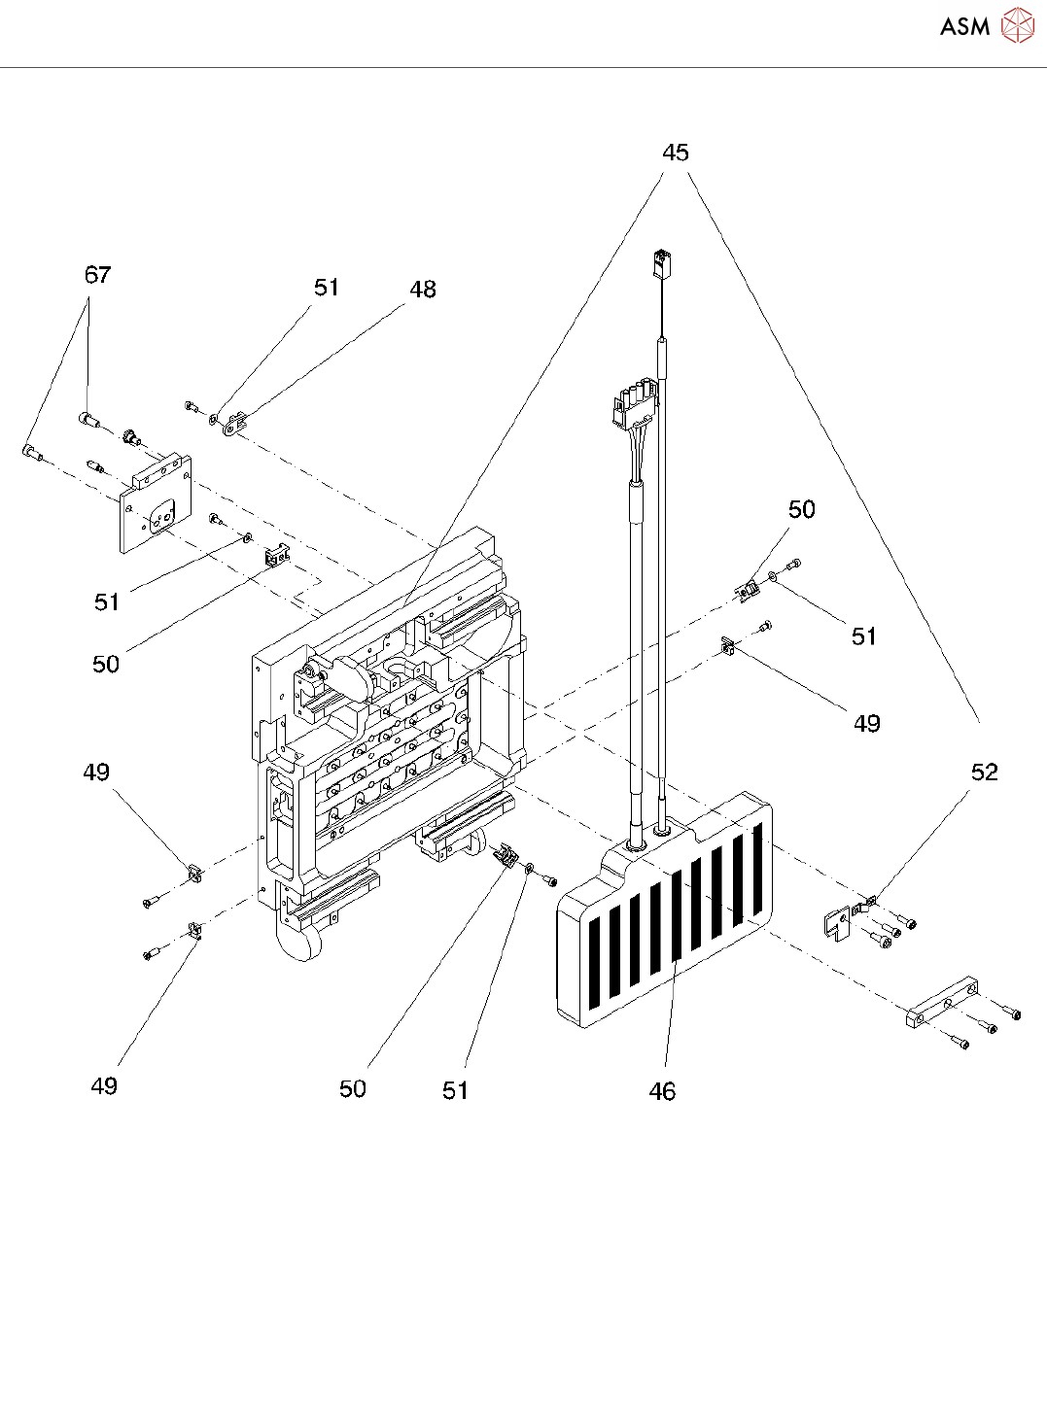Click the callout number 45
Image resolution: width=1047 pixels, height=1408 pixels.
pos(675,153)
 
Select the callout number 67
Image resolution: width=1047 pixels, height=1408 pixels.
pos(97,275)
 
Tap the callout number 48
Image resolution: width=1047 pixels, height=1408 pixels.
pos(423,290)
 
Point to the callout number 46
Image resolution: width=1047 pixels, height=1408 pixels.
pos(662,1092)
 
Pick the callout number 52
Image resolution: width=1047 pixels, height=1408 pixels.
pos(984,773)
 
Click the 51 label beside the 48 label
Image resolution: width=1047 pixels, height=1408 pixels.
pos(327,288)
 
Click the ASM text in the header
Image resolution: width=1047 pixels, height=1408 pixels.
pos(964,26)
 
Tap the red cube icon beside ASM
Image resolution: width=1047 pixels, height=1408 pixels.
pos(1017,26)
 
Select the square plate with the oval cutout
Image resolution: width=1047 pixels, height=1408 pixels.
pos(156,504)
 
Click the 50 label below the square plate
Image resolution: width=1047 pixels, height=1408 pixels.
pos(106,665)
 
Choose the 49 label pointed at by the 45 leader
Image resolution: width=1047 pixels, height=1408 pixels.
pos(866,724)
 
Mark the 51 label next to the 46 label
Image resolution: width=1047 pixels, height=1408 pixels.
pos(455,1091)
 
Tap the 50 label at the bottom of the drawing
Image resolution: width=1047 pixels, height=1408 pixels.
pos(353,1089)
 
